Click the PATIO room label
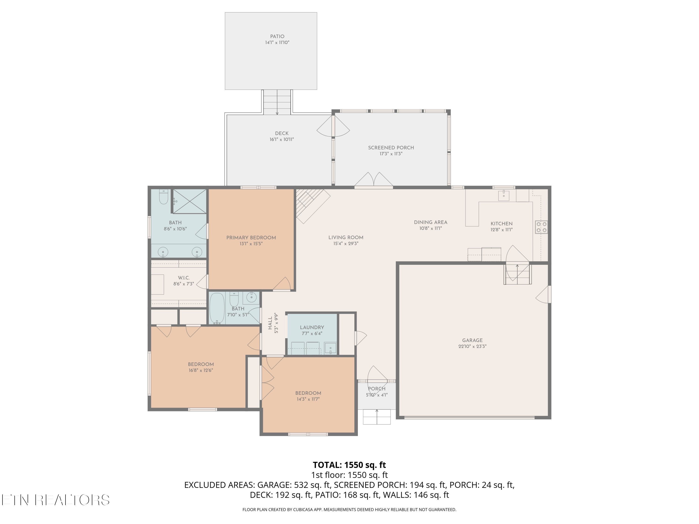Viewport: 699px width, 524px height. coord(277,36)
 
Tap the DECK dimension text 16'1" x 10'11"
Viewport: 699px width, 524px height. coord(281,139)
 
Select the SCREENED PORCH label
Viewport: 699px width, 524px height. coord(391,147)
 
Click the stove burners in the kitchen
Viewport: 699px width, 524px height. coord(541,227)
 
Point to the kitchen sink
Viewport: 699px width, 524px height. coord(504,196)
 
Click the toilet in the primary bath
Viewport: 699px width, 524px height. coord(163,197)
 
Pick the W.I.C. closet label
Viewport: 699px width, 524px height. coord(184,278)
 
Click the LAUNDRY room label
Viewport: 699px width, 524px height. coord(312,327)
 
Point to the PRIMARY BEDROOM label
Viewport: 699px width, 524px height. coord(251,238)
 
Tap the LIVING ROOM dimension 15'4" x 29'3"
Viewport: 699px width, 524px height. coord(346,244)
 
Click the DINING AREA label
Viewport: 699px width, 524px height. coord(430,222)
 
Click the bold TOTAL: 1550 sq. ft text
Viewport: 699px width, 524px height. coord(349,465)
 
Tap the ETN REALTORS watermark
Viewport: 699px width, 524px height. coord(56,500)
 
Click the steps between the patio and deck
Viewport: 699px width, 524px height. coord(277,102)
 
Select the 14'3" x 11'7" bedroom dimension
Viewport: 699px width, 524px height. coord(308,399)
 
